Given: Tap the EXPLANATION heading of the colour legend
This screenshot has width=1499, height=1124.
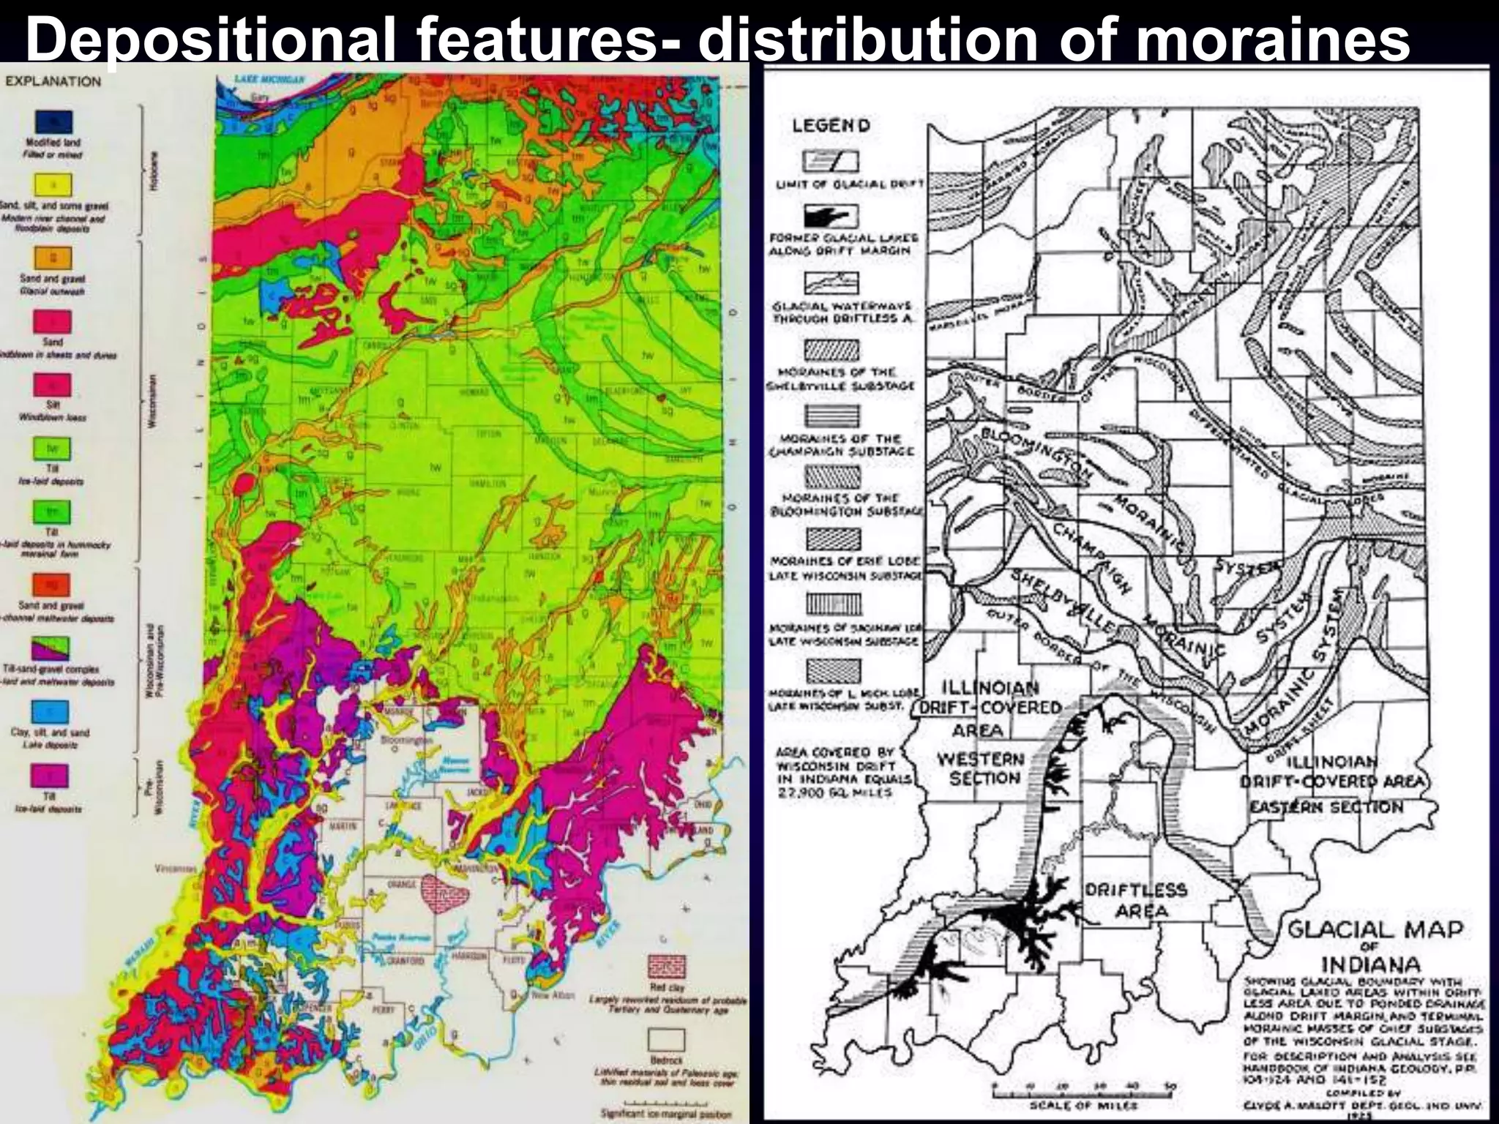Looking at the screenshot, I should [53, 81].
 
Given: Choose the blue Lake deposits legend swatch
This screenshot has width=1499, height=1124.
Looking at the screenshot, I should [51, 711].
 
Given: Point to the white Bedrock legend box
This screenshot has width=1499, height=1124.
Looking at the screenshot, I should [667, 1040].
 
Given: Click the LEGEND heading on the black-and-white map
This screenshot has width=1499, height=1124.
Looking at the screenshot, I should [831, 126].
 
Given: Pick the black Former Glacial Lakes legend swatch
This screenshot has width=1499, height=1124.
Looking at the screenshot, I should [831, 217].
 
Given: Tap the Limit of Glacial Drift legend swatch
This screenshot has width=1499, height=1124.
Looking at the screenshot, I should [831, 160].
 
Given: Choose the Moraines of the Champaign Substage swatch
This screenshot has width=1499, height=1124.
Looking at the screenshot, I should [831, 416].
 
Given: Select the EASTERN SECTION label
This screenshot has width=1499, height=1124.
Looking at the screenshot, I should [1326, 807].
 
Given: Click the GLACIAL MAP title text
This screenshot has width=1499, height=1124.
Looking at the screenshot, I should [1375, 931].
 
